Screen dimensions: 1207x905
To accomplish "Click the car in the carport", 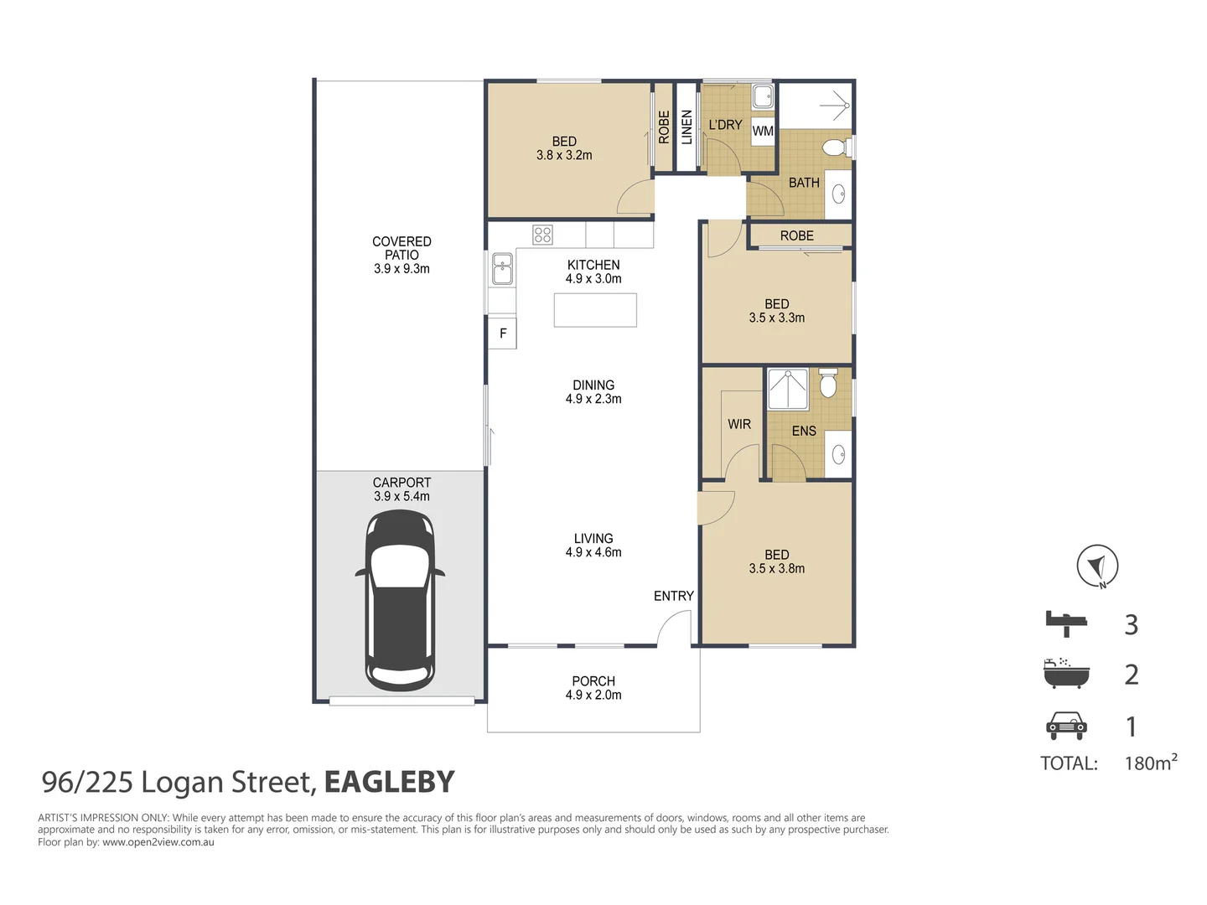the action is point(400,599).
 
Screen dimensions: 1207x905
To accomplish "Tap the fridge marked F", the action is point(502,333).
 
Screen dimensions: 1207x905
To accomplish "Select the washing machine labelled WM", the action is point(762,132).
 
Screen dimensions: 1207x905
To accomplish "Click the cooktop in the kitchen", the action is point(542,235).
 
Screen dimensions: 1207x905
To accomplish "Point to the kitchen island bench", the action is point(595,310).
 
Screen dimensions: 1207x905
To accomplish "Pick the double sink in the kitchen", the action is point(502,269).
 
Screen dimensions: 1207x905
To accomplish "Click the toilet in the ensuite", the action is point(827,383).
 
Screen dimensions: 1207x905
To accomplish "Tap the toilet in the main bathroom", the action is point(836,147).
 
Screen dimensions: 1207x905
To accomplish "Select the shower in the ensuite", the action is point(788,389).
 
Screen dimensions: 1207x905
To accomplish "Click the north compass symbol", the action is point(1097,566).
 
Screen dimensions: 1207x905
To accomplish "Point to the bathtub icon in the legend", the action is point(1066,673).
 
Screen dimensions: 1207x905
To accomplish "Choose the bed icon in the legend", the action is point(1066,623).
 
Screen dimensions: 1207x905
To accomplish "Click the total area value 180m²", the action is point(1151,762).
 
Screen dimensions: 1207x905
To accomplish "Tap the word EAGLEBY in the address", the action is point(389,781).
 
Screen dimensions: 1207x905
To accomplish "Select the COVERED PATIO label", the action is point(401,248).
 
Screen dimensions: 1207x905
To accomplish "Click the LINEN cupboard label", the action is point(686,127).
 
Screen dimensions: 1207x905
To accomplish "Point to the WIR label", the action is point(739,424).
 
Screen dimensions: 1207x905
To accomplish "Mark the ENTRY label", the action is point(674,596).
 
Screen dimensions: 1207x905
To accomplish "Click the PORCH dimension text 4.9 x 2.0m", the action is point(593,695).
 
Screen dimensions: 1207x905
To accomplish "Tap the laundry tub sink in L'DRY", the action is point(763,98).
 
